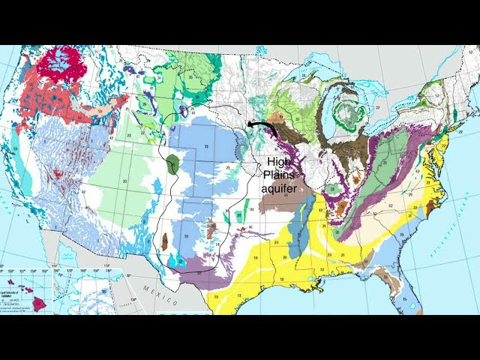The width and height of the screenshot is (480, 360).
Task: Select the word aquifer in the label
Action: point(280,189)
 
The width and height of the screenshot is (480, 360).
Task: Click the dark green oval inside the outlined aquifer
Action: point(174,164)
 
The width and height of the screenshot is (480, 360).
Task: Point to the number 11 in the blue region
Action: point(206,148)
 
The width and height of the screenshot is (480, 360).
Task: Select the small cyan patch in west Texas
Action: point(178,260)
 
